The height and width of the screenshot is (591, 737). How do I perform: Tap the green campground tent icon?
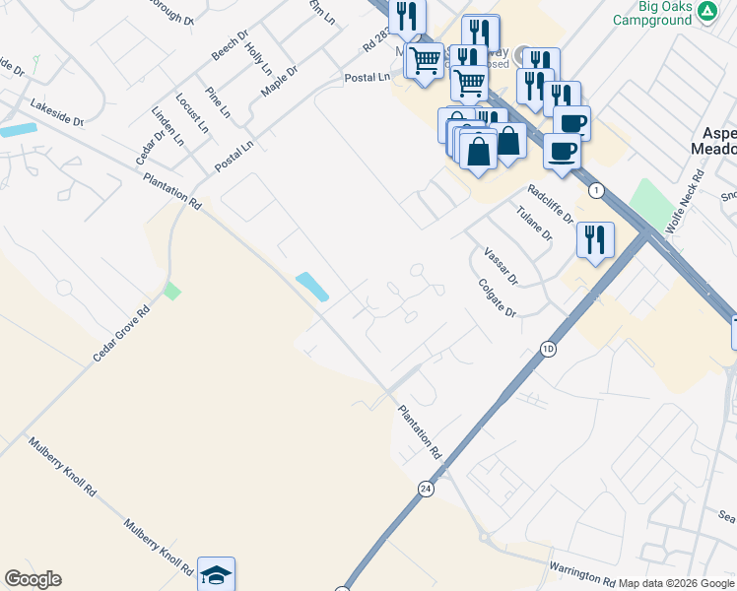click(706, 12)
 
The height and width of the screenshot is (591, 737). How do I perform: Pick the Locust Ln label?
click(193, 113)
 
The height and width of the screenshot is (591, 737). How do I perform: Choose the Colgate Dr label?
click(497, 297)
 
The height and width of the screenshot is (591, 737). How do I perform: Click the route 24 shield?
click(426, 489)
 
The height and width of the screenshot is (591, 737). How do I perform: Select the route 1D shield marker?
click(549, 349)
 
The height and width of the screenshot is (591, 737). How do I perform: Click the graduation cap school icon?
click(217, 573)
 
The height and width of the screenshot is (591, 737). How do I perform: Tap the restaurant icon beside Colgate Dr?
click(595, 239)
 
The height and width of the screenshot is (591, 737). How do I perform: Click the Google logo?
click(33, 579)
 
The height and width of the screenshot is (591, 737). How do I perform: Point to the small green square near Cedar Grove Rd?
click(172, 292)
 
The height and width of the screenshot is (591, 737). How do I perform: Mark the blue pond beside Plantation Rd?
click(312, 287)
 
